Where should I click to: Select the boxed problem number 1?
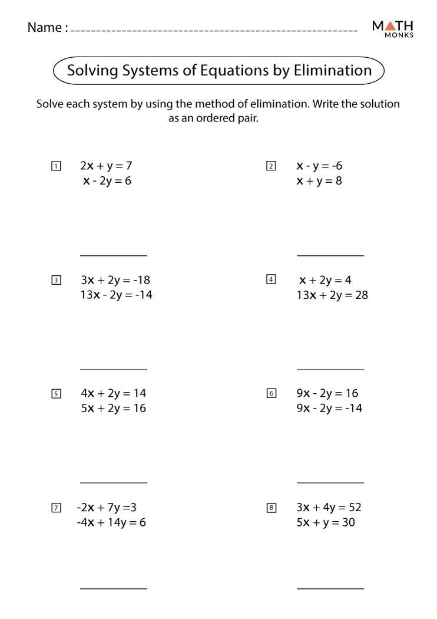coord(56,166)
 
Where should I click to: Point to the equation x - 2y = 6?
coord(107,181)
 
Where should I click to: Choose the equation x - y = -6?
coord(319,166)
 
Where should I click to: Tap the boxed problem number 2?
coord(271,166)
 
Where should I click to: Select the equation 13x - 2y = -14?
coord(116,295)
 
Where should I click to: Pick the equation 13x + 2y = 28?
coord(332,295)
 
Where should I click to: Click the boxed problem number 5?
coord(56,394)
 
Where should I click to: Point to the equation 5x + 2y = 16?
coord(113,408)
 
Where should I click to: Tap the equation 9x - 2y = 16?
coord(327,393)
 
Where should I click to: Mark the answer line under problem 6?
coord(330,483)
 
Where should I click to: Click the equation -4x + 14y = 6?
coord(111,522)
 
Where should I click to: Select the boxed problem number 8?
coord(271,508)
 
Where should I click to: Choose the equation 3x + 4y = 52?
coord(329,507)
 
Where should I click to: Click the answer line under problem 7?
coord(113,588)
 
